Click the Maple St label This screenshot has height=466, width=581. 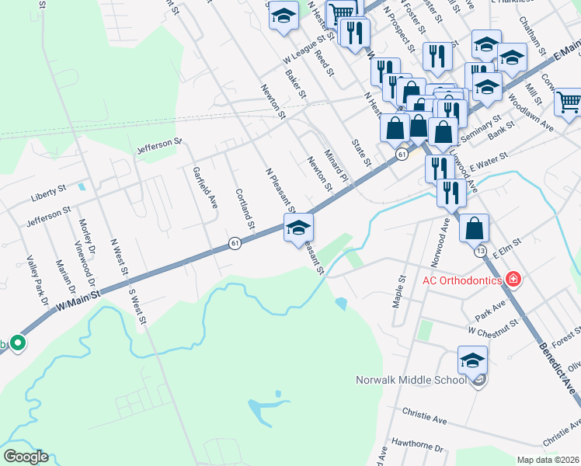click(x=402, y=289)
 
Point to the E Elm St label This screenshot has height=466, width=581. click(x=507, y=246)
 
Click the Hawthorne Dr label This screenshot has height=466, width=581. click(x=417, y=448)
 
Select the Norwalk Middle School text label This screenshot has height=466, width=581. click(x=411, y=380)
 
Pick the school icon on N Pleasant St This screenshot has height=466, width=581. click(x=299, y=228)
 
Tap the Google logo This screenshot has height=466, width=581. click(x=26, y=457)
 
